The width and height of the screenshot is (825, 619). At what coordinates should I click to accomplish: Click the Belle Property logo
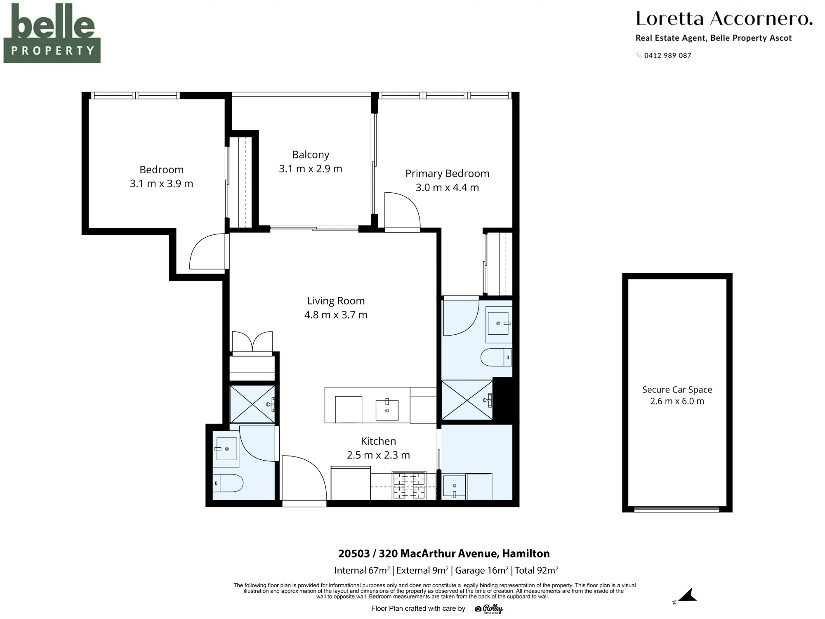(x=52, y=33)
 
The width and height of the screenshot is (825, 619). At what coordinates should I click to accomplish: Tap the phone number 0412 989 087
(x=667, y=56)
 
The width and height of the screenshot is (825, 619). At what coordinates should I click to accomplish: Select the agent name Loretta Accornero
(x=724, y=19)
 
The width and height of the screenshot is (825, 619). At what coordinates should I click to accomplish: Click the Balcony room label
(x=311, y=155)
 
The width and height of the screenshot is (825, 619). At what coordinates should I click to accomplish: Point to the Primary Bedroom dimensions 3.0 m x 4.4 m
(x=447, y=187)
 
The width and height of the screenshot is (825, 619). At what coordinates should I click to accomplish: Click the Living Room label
(x=336, y=301)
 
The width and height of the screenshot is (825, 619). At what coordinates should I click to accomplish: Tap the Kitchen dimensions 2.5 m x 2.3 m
(x=378, y=455)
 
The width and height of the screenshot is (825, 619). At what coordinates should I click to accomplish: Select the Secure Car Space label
(x=677, y=390)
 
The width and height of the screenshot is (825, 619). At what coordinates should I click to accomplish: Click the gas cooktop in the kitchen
(x=409, y=485)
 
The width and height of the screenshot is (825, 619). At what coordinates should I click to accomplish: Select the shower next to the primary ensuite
(x=467, y=400)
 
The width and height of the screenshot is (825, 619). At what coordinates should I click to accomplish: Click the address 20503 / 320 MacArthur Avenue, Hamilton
(x=444, y=553)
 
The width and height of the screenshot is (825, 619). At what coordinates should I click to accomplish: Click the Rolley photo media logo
(x=489, y=609)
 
